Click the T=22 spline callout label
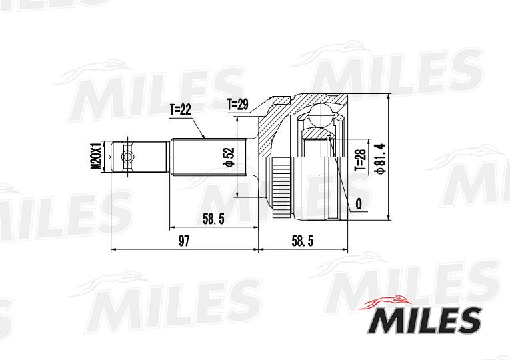(180, 111)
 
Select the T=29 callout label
(238, 105)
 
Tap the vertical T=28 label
(361, 160)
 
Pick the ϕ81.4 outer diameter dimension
(380, 159)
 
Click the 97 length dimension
(184, 241)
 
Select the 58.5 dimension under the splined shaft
(213, 219)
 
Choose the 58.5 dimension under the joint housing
(303, 241)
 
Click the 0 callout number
(359, 204)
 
